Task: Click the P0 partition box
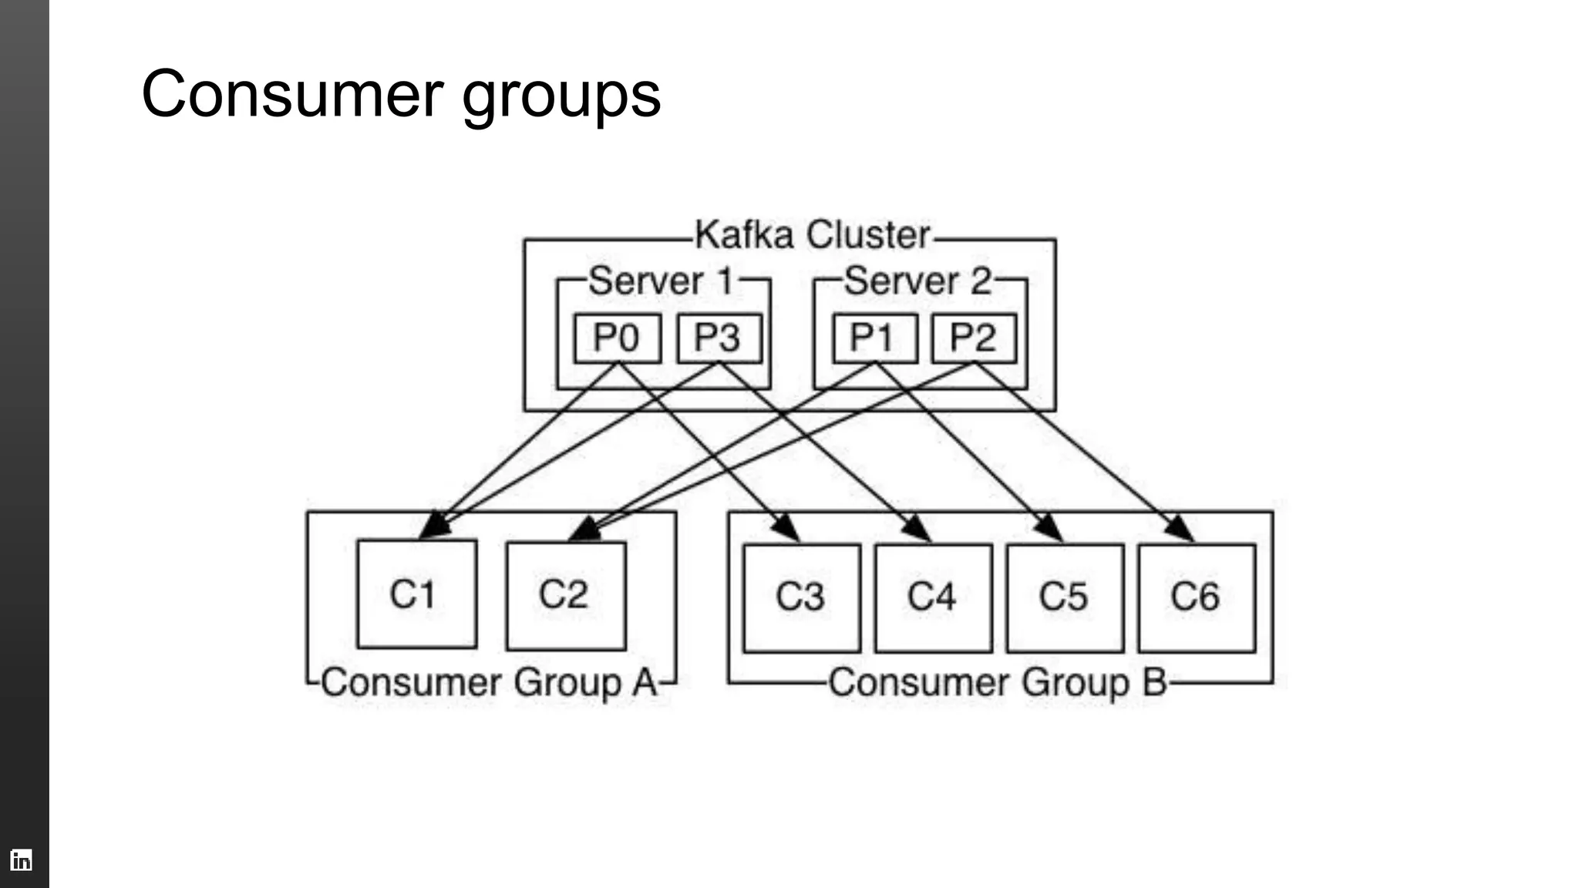(617, 338)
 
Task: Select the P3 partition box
(719, 338)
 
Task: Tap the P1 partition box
(874, 338)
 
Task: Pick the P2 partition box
(974, 338)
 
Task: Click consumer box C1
(416, 594)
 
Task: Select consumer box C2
(565, 595)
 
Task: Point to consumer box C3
(801, 597)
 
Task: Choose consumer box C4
(933, 597)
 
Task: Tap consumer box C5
(1064, 597)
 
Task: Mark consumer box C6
(1196, 597)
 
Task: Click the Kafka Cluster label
(813, 234)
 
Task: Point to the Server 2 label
(917, 281)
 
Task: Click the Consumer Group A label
(490, 683)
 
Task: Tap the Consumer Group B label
(998, 683)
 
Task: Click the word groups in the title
(561, 96)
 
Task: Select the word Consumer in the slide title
(293, 94)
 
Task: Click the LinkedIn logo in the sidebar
(21, 859)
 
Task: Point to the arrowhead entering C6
(1181, 530)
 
